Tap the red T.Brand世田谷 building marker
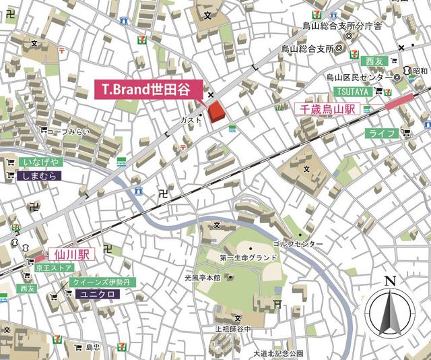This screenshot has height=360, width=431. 216,113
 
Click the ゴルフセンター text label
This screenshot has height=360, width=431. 298,243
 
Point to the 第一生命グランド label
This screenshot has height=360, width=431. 248,258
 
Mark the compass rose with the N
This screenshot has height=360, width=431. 388,311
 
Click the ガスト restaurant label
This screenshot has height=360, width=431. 189,119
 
